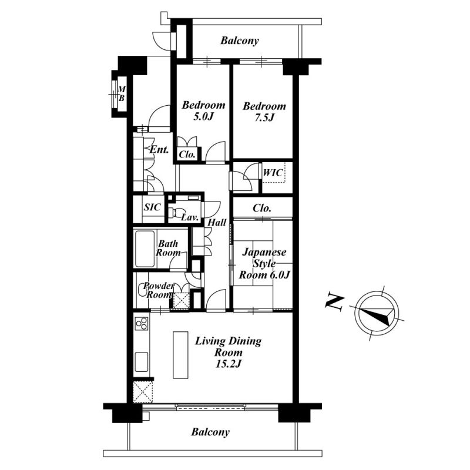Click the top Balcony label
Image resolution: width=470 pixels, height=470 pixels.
(x=240, y=41)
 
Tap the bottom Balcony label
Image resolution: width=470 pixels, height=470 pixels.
(x=210, y=432)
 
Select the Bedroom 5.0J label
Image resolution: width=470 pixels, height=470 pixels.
(x=203, y=110)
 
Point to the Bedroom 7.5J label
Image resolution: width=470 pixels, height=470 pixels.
(x=264, y=112)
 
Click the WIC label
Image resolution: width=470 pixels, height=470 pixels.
(x=273, y=173)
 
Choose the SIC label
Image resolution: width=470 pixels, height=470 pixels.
(x=152, y=207)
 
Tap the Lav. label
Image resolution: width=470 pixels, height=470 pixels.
(x=190, y=217)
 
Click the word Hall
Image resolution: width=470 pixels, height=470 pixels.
(x=217, y=223)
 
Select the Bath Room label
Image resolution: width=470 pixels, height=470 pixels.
(x=168, y=248)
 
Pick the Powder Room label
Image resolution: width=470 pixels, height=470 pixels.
(x=159, y=290)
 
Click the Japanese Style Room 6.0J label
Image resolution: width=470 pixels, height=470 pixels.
(x=264, y=263)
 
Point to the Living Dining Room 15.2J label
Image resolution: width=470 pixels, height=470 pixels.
(x=228, y=352)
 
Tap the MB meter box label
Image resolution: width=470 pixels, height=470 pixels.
(x=122, y=93)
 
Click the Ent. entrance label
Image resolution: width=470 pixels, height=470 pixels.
(x=159, y=149)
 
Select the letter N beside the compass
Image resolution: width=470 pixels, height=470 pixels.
(x=334, y=301)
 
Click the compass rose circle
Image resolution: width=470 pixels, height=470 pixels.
(x=377, y=313)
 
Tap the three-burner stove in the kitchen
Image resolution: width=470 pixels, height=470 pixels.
(x=142, y=324)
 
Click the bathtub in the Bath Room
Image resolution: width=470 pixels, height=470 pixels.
(x=145, y=249)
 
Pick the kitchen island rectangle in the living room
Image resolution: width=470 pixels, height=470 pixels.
(x=180, y=355)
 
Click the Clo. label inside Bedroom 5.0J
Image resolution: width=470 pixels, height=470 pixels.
(x=187, y=155)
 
